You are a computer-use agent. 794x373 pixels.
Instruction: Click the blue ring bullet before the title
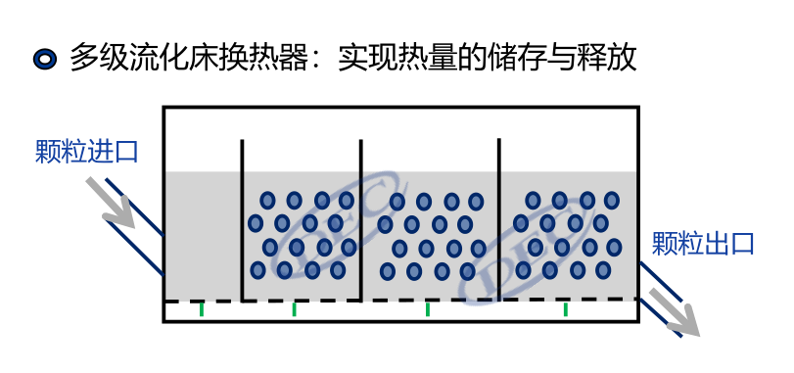click(44, 58)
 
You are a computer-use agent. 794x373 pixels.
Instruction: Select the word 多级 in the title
click(92, 57)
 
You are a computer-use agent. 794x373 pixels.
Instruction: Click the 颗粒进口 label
click(86, 151)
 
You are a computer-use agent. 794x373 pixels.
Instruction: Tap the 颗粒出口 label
click(703, 242)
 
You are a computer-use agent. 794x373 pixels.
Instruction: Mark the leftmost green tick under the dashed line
click(202, 309)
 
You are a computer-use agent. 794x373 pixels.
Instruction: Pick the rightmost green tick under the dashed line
click(566, 309)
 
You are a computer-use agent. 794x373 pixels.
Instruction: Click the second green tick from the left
click(295, 309)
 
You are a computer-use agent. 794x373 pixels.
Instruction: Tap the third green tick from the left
click(428, 309)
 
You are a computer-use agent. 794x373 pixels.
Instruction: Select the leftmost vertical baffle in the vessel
click(242, 220)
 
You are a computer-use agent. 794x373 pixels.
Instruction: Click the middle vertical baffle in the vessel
click(361, 220)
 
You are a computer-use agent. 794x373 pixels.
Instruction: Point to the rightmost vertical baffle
click(499, 220)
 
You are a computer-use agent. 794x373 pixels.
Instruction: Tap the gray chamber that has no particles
click(202, 235)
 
